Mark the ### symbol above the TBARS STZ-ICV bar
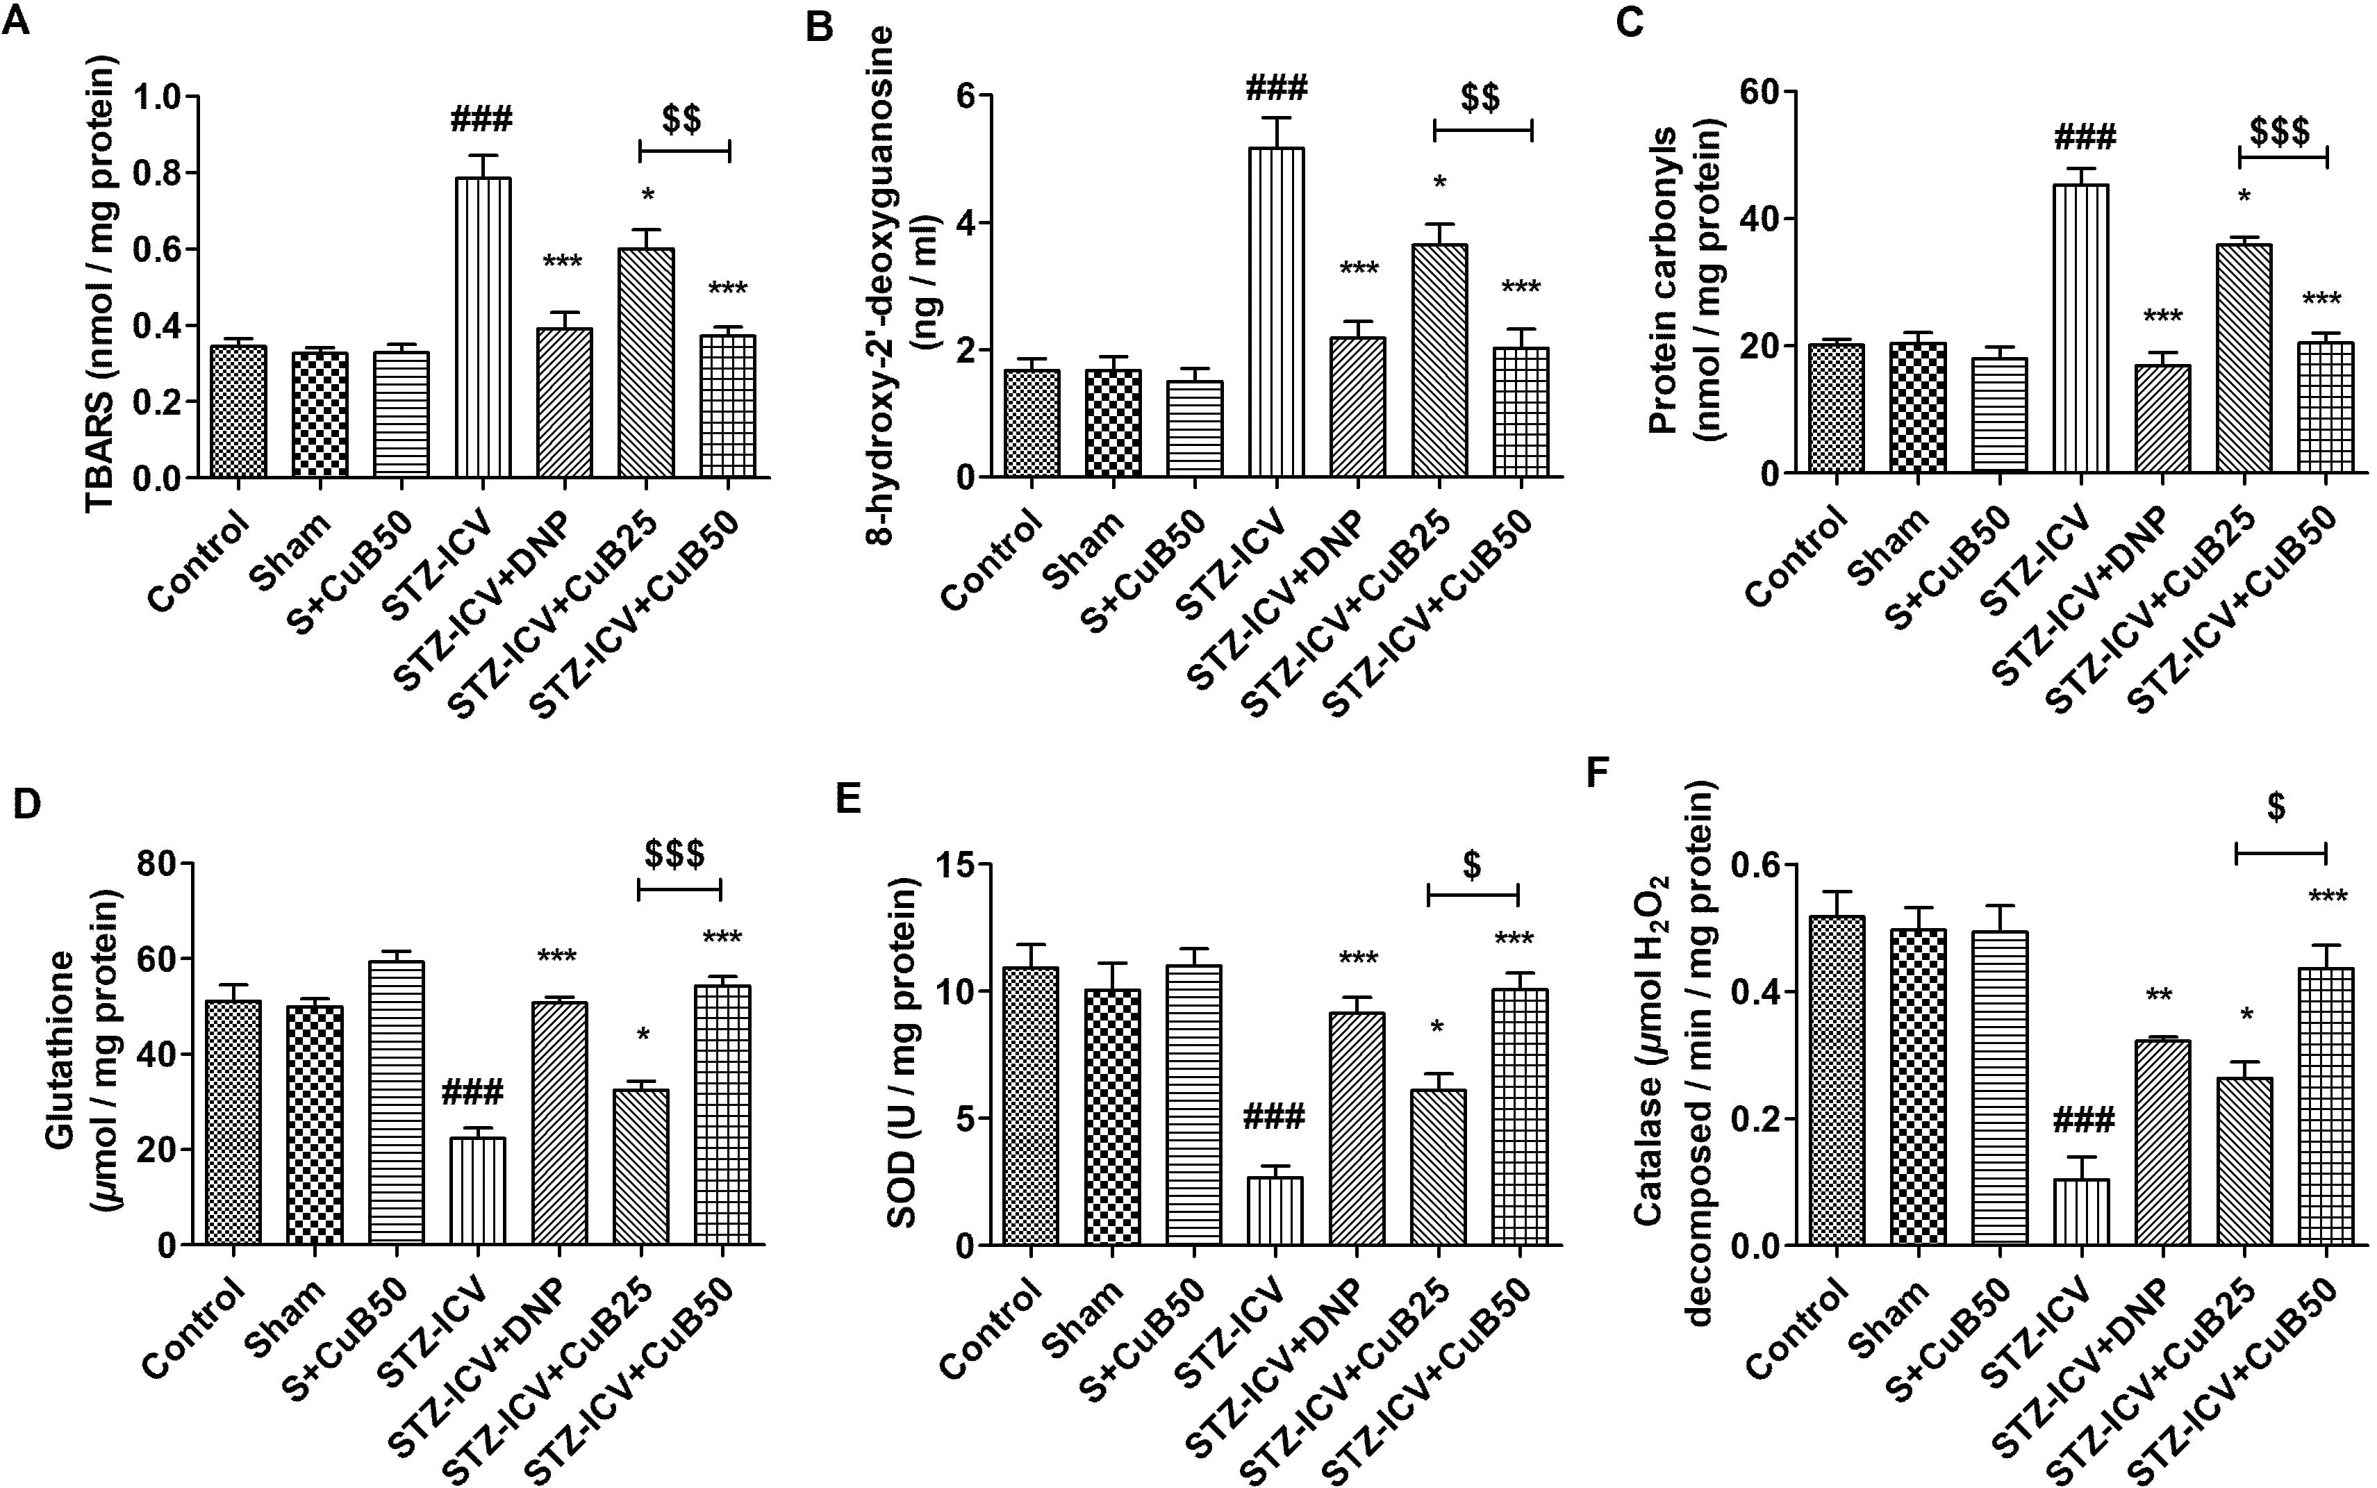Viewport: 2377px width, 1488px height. pos(482,121)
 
